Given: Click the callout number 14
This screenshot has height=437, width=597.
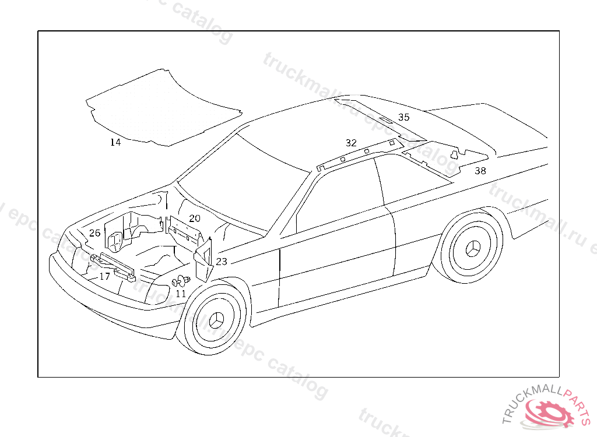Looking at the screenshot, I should pyautogui.click(x=115, y=142).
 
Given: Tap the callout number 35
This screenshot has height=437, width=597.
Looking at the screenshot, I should pyautogui.click(x=403, y=117).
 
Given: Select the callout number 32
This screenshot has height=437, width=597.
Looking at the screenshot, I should pyautogui.click(x=350, y=143).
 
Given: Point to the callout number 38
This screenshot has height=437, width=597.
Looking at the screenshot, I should pyautogui.click(x=480, y=171).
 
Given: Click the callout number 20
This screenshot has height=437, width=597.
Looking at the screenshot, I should pyautogui.click(x=194, y=218).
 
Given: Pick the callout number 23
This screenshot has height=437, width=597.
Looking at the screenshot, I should pyautogui.click(x=222, y=262).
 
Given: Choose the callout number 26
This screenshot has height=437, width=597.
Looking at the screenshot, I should pyautogui.click(x=94, y=233).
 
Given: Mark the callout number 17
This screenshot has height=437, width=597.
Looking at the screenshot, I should pyautogui.click(x=104, y=277).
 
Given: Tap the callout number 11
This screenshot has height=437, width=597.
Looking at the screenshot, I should pyautogui.click(x=181, y=294).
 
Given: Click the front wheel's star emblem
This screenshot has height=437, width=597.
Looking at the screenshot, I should pyautogui.click(x=216, y=321).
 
